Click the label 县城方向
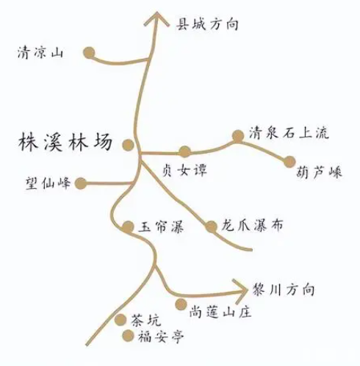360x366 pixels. tap(207, 24)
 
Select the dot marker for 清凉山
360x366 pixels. tap(89, 53)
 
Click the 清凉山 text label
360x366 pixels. tap(40, 52)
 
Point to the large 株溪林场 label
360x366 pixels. tap(65, 142)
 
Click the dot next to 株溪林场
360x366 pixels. tap(128, 145)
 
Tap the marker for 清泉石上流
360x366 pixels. tap(238, 136)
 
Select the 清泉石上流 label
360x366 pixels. tap(289, 133)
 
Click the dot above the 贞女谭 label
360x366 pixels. tap(185, 151)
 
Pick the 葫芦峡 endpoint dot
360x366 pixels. tap(289, 162)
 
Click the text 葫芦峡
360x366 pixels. tap(319, 173)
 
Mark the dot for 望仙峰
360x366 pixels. tap(81, 184)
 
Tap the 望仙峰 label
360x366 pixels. tap(48, 183)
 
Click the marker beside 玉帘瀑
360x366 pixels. tap(128, 226)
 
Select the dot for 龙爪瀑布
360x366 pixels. tap(211, 226)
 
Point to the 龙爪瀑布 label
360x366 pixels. tap(252, 226)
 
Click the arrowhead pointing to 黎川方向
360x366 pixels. tap(240, 291)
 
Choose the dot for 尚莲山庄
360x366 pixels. tap(181, 304)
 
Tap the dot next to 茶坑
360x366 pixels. tap(120, 320)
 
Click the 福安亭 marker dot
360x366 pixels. tap(128, 336)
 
